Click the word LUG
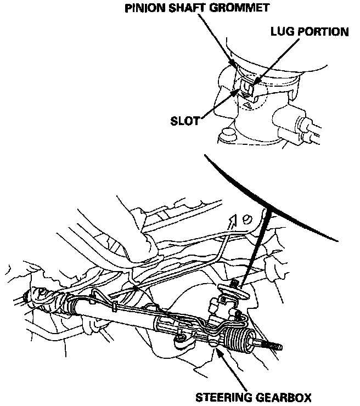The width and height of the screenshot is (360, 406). click(x=282, y=32)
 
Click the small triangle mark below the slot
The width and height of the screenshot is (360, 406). click(x=248, y=103)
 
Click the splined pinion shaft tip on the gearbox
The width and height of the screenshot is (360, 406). click(x=234, y=283)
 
